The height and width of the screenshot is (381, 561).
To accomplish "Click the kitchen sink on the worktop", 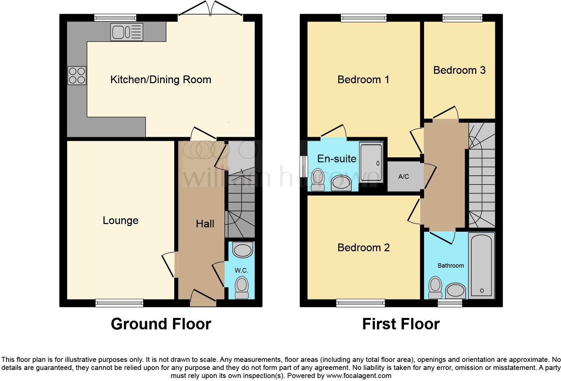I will pyautogui.click(x=126, y=32).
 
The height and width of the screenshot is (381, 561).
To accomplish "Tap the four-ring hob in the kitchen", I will pyautogui.click(x=77, y=75).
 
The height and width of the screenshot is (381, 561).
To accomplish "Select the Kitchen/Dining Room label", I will pyautogui.click(x=161, y=80).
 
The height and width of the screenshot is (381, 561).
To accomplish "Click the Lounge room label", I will pyautogui.click(x=120, y=221).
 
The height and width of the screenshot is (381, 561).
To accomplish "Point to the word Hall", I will pyautogui.click(x=205, y=224).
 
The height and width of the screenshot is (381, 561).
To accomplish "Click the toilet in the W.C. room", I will pyautogui.click(x=242, y=287).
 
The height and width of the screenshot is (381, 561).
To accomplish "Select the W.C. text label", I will pyautogui.click(x=241, y=270).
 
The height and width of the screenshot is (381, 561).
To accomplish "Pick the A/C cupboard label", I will pyautogui.click(x=404, y=177).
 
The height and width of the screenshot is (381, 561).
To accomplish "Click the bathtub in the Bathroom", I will pyautogui.click(x=481, y=266).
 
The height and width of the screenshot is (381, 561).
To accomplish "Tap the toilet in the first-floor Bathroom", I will pyautogui.click(x=435, y=287).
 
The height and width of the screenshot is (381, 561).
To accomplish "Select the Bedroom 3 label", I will pyautogui.click(x=459, y=70).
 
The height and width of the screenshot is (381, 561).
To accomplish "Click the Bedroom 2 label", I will pyautogui.click(x=363, y=248).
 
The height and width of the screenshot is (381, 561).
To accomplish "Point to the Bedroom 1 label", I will pyautogui.click(x=363, y=80).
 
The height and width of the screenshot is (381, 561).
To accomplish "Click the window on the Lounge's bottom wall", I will pyautogui.click(x=119, y=303).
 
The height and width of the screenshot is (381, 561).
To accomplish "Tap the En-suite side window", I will pyautogui.click(x=304, y=166).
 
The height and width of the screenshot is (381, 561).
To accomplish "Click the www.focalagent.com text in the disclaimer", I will pyautogui.click(x=358, y=376).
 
